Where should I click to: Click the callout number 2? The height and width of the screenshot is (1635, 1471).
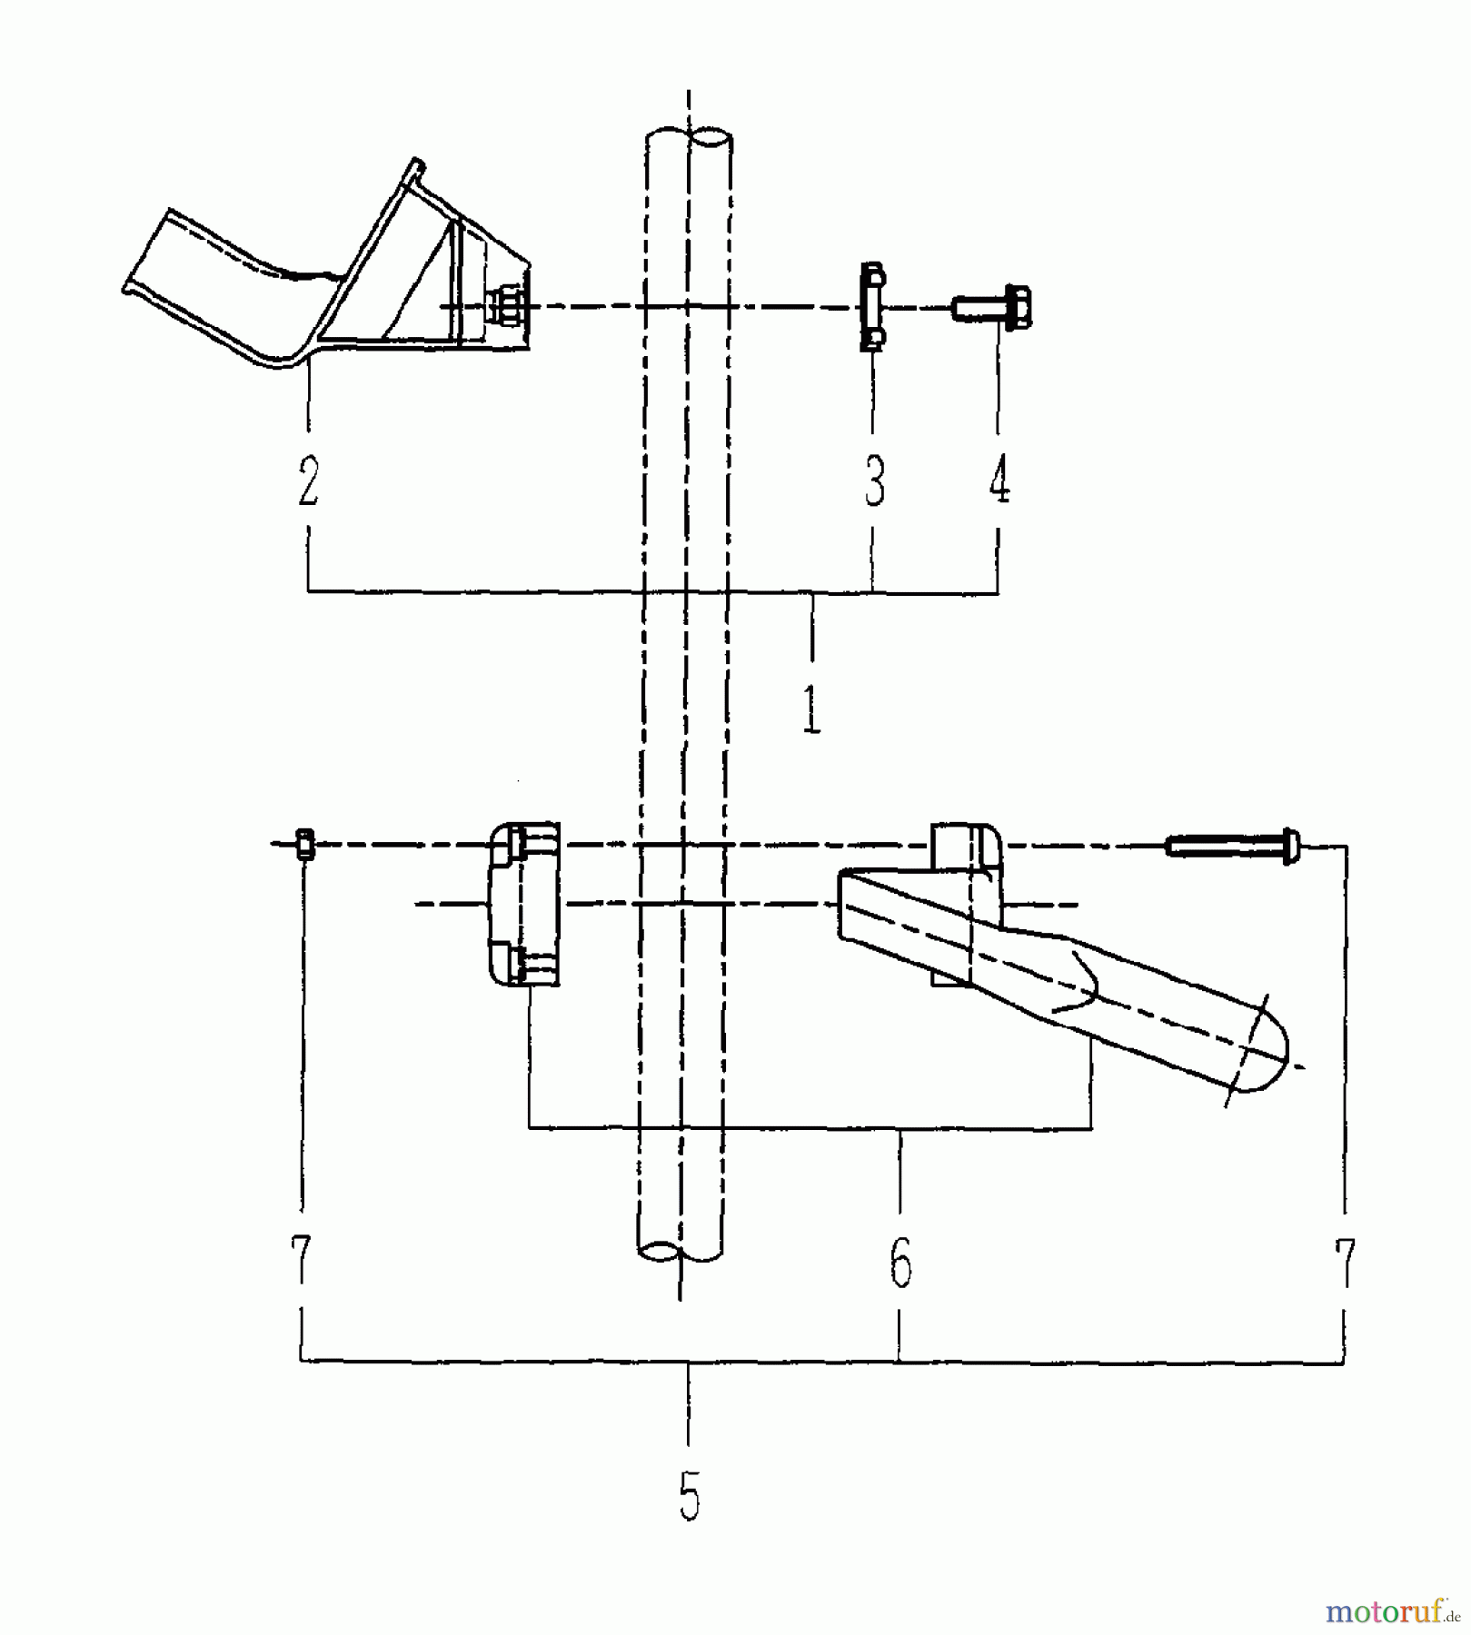tap(308, 481)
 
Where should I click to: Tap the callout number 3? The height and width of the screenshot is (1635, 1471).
tap(873, 481)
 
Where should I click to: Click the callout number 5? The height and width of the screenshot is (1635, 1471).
tap(690, 1496)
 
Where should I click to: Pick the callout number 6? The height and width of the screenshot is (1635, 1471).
tap(899, 1263)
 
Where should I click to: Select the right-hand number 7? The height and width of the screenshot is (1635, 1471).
tap(1344, 1263)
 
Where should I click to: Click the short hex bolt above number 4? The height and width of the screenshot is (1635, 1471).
tap(994, 307)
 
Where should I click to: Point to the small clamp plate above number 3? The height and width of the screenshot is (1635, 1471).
tap(872, 306)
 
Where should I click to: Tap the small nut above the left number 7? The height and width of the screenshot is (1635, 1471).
tap(305, 846)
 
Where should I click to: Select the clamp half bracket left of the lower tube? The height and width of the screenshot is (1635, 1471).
tap(523, 904)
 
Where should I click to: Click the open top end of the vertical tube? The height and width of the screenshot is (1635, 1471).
tap(688, 141)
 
